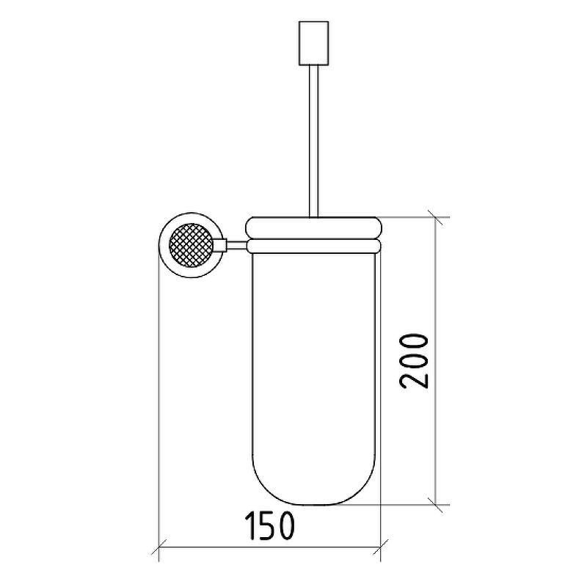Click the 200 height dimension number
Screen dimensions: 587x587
[x=413, y=361]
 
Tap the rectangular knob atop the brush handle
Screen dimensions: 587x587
[x=314, y=43]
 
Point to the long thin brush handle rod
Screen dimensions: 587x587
[x=314, y=141]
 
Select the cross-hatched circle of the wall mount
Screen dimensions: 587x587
[x=191, y=245]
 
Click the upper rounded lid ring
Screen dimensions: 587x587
[x=314, y=227]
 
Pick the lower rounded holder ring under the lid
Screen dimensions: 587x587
[x=314, y=247]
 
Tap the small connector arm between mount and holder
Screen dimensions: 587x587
[x=236, y=245]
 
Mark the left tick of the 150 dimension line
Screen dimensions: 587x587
[x=158, y=547]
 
